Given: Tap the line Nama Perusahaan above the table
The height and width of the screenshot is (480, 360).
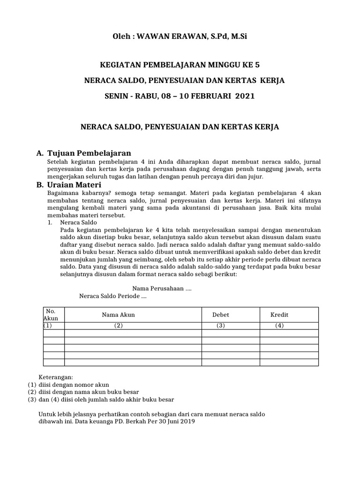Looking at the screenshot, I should click(x=162, y=288).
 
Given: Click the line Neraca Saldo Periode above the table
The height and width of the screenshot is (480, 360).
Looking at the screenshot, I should click(x=113, y=296).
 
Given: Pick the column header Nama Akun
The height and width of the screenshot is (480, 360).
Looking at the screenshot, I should click(x=118, y=315).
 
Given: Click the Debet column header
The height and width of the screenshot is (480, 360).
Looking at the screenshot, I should click(x=221, y=315).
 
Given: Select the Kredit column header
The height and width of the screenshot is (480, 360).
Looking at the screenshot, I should click(x=279, y=315).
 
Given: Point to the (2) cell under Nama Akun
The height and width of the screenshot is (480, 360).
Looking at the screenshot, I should click(x=118, y=326).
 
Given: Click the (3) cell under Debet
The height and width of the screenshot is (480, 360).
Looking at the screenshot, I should click(x=221, y=326).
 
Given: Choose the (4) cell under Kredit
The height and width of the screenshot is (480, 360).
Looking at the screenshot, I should click(x=279, y=326).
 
